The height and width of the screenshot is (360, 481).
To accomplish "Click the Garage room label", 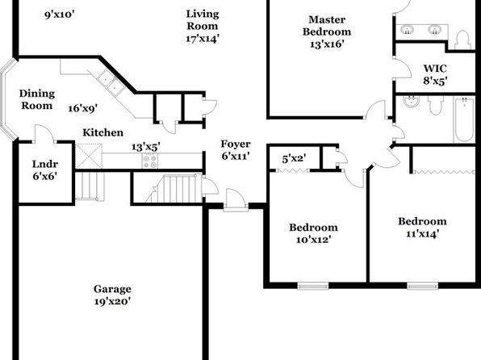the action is [112, 289].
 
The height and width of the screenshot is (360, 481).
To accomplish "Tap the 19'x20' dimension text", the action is [112, 301].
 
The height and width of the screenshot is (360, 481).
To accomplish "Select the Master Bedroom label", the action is [327, 26].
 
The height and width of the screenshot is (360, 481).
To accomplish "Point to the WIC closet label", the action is [435, 68].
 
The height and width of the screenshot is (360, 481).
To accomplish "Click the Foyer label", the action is [236, 144].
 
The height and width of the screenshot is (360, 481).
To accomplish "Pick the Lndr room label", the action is [45, 164].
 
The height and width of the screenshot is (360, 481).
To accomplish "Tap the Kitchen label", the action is [103, 132].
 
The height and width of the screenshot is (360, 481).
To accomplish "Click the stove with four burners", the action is [150, 161].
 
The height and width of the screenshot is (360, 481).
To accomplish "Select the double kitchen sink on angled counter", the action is [111, 82].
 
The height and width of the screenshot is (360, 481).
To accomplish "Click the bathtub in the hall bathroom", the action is [464, 119].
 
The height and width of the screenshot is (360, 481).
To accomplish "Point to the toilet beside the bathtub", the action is [435, 105].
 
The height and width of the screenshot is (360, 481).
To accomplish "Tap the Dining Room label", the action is [37, 99].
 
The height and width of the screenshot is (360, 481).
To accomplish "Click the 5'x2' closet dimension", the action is [294, 159].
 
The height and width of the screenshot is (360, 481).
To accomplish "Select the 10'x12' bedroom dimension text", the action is [313, 240].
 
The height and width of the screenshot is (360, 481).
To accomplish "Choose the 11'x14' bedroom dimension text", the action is [422, 234].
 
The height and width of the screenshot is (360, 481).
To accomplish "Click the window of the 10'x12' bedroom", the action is [313, 286].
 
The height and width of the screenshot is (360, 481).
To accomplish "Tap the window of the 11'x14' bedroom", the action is [422, 286].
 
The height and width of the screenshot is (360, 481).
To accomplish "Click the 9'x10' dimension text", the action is [60, 15].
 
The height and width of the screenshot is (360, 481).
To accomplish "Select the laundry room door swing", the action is [44, 133].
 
